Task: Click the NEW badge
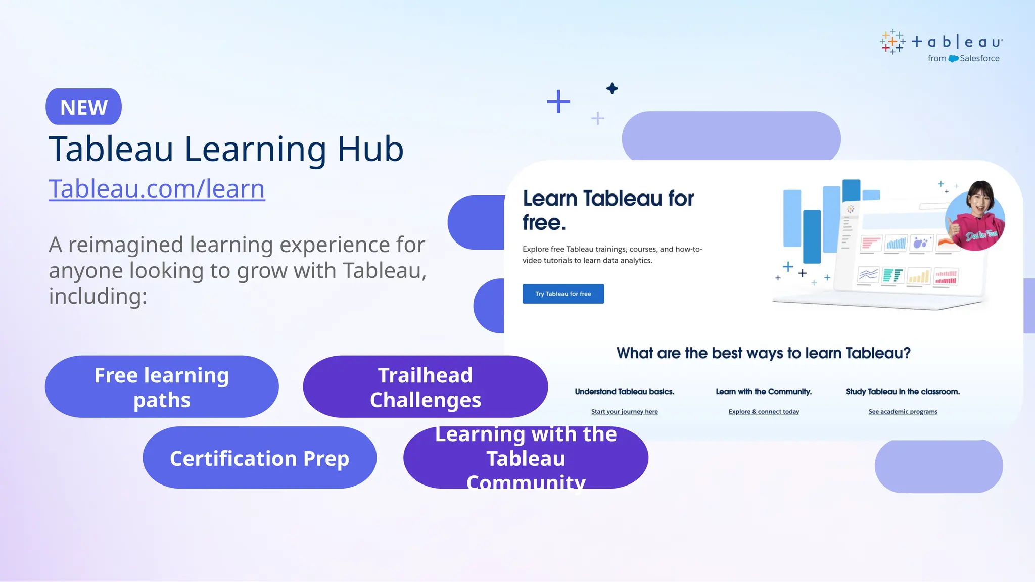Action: click(83, 107)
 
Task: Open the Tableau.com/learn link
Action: click(157, 188)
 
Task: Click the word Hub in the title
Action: click(370, 149)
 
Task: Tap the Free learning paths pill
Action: click(162, 387)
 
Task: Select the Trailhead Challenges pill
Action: click(425, 387)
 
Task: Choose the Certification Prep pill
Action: click(259, 458)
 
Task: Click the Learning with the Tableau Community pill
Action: click(526, 458)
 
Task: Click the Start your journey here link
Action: click(624, 412)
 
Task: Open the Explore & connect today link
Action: click(764, 412)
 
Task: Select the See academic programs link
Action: click(903, 412)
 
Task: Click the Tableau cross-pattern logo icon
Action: click(892, 42)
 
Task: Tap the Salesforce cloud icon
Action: click(953, 59)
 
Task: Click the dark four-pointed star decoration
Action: click(612, 88)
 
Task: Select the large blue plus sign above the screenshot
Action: click(558, 102)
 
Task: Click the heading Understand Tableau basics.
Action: click(624, 392)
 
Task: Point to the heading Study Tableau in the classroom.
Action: click(903, 392)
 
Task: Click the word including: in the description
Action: click(98, 297)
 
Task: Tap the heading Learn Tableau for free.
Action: click(608, 210)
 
